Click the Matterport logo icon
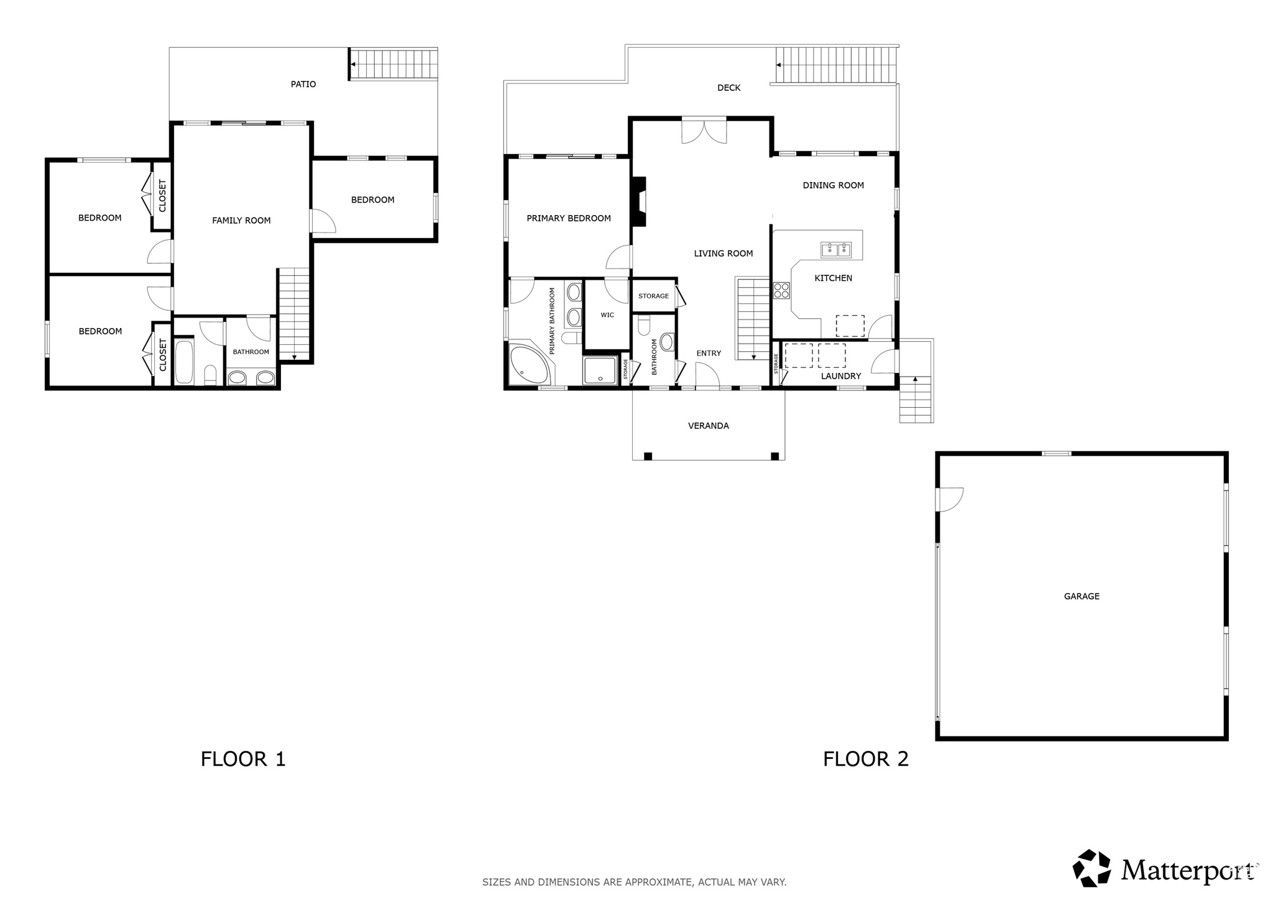click(x=1091, y=868)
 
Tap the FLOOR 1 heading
click(x=243, y=759)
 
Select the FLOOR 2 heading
click(x=865, y=759)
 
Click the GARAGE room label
click(x=1082, y=596)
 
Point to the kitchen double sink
click(x=836, y=250)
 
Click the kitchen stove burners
click(x=781, y=290)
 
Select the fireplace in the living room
click(x=639, y=202)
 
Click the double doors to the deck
click(x=704, y=131)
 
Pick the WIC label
click(x=607, y=315)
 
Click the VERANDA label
click(x=708, y=426)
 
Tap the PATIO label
click(x=303, y=84)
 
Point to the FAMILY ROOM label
click(x=241, y=220)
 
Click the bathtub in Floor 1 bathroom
click(x=184, y=361)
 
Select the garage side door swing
click(x=949, y=499)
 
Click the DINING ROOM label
click(x=833, y=185)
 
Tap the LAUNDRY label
click(x=840, y=376)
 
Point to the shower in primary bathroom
click(x=600, y=370)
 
